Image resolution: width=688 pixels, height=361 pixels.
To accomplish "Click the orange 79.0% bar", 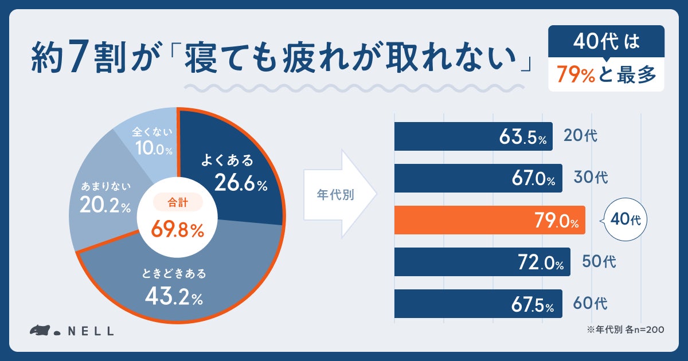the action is (490, 220).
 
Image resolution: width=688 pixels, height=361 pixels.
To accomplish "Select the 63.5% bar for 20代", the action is (474, 136).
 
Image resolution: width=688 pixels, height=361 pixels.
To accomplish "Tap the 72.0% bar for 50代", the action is (482, 262).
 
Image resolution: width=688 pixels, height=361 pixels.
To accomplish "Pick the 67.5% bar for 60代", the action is (478, 304).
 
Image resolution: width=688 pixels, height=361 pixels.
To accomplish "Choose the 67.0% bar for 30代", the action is (478, 178).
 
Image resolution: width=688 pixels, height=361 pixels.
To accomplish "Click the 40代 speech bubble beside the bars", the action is (625, 219).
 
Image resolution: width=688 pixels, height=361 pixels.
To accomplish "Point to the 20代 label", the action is (580, 135).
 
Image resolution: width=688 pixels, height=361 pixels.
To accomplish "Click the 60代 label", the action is (590, 303).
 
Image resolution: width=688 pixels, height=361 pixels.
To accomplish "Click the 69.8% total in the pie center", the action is (177, 229).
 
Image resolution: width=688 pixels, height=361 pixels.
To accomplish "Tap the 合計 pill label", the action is (178, 202).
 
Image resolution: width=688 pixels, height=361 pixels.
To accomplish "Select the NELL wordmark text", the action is (91, 331).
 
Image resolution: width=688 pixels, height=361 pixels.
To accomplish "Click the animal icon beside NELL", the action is (40, 330).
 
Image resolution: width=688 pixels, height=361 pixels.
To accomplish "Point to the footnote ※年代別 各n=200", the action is (626, 329).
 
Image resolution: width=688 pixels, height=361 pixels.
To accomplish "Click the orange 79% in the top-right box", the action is (576, 74).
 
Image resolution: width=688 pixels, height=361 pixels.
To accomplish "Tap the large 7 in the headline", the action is (77, 56).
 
